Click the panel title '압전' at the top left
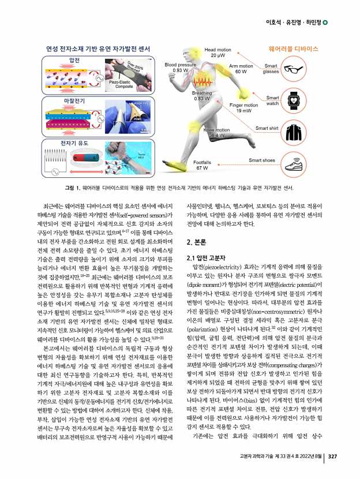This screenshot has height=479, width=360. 74,60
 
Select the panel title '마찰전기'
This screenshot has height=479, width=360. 74,100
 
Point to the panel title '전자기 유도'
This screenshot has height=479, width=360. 74,141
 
